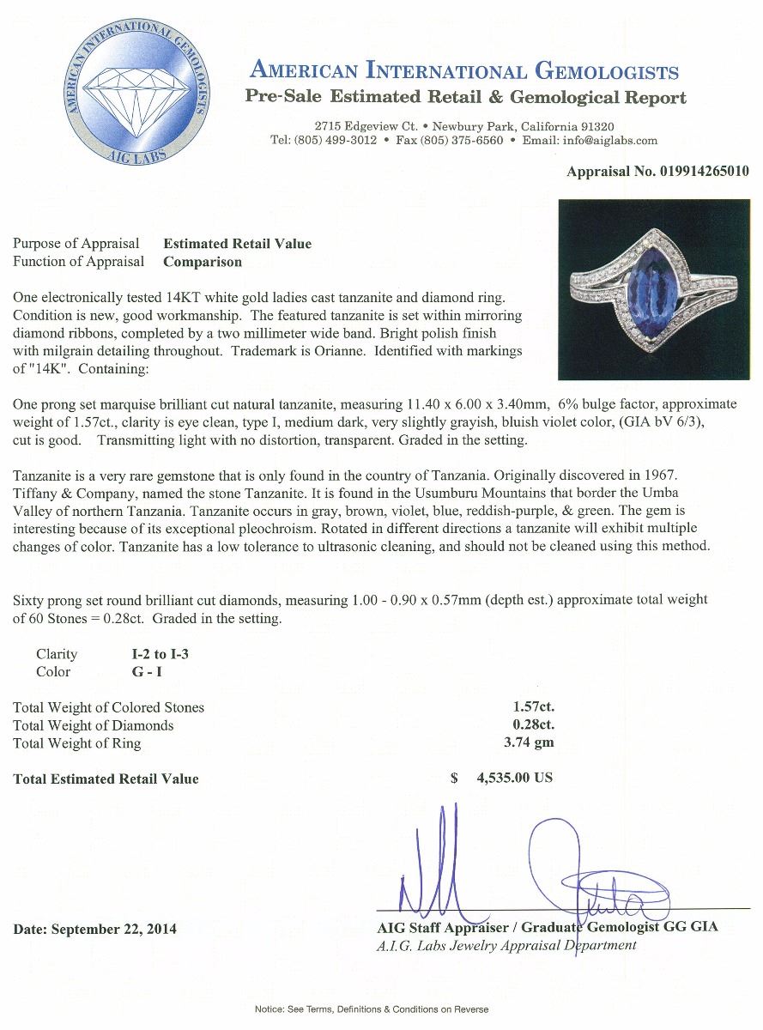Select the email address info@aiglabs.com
click(609, 141)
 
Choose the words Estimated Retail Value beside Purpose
click(238, 244)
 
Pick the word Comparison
click(203, 262)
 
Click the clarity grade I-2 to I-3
click(155, 654)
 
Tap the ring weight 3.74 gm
click(530, 743)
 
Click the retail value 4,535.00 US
click(514, 779)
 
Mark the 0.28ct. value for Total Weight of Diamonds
click(532, 725)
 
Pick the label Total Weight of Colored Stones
click(109, 707)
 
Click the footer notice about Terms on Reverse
click(372, 1009)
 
